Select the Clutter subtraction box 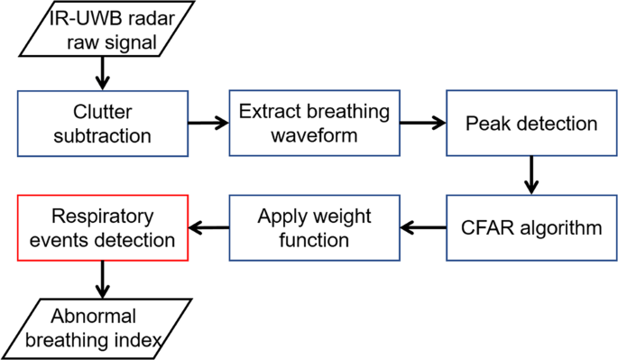point(101,124)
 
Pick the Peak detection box point(530,124)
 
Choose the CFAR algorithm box point(532,227)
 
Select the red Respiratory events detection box point(101,227)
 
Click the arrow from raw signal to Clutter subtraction point(103,72)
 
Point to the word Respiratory point(102,217)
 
